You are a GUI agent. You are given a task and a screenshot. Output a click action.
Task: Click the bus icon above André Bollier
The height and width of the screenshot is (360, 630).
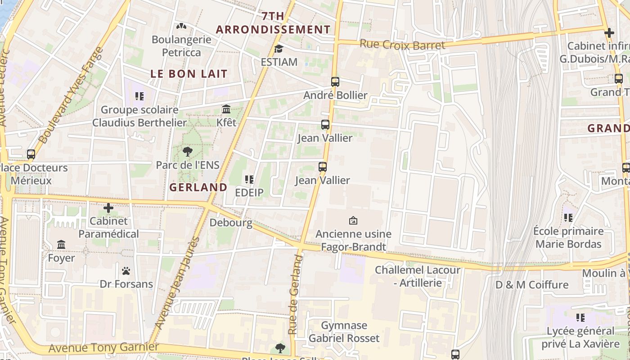pyautogui.click(x=335, y=82)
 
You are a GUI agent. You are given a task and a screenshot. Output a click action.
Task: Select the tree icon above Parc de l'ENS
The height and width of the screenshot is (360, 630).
pyautogui.click(x=188, y=152)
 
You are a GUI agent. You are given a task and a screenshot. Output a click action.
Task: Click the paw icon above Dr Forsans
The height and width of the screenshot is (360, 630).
pyautogui.click(x=126, y=271)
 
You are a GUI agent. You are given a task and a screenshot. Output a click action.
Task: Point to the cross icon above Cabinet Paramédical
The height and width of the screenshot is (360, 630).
pyautogui.click(x=108, y=208)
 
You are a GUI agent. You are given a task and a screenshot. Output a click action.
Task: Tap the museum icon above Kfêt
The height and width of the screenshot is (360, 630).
pyautogui.click(x=226, y=109)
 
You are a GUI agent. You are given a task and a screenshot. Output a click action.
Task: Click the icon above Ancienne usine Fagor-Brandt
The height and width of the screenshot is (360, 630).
pyautogui.click(x=353, y=220)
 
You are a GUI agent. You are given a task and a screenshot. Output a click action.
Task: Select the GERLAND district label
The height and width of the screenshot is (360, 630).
pyautogui.click(x=198, y=187)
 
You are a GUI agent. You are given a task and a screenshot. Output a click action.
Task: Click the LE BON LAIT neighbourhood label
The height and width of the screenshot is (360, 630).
pyautogui.click(x=189, y=74)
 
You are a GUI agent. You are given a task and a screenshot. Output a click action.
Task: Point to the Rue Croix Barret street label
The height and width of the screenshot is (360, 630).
pyautogui.click(x=402, y=45)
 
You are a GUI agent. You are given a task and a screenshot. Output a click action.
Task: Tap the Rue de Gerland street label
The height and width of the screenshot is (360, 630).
pyautogui.click(x=294, y=295)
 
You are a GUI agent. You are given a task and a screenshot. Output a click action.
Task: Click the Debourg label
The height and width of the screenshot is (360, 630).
pyautogui.click(x=231, y=223)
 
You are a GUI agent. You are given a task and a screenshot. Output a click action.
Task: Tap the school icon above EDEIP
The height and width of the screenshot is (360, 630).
pyautogui.click(x=249, y=180)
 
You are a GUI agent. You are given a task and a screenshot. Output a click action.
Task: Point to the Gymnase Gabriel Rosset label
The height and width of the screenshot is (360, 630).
pyautogui.click(x=344, y=332)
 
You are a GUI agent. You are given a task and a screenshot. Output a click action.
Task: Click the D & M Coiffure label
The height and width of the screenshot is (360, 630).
pyautogui.click(x=532, y=285)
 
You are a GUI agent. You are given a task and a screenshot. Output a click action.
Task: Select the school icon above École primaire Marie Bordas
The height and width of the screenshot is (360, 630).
pyautogui.click(x=568, y=218)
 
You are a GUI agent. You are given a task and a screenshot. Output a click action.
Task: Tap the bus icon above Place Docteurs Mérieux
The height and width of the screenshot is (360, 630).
pyautogui.click(x=31, y=154)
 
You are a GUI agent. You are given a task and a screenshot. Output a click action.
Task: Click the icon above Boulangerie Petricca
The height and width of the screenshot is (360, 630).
pyautogui.click(x=181, y=26)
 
